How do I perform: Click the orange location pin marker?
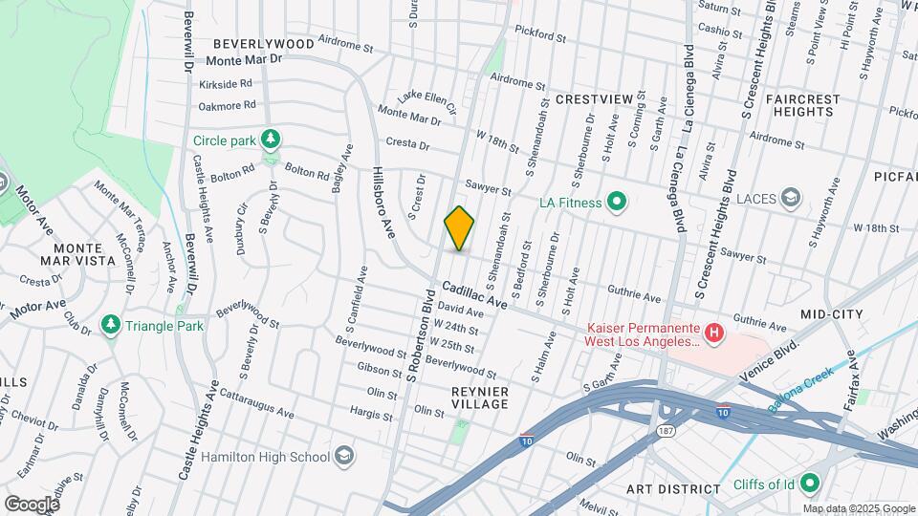pyautogui.click(x=459, y=229)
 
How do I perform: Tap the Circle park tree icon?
pyautogui.click(x=272, y=140)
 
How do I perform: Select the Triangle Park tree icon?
pyautogui.click(x=112, y=326)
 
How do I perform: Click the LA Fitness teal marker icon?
pyautogui.click(x=617, y=202)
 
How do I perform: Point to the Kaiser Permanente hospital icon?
pyautogui.click(x=713, y=333)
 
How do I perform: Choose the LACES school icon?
pyautogui.click(x=791, y=198)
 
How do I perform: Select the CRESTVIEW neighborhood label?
pyautogui.click(x=594, y=99)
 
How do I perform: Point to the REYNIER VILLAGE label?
pyautogui.click(x=480, y=398)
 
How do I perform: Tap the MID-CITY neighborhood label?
pyautogui.click(x=832, y=313)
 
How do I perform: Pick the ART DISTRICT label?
pyautogui.click(x=673, y=489)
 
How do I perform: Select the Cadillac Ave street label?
pyautogui.click(x=473, y=294)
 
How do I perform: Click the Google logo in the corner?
pyautogui.click(x=32, y=504)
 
